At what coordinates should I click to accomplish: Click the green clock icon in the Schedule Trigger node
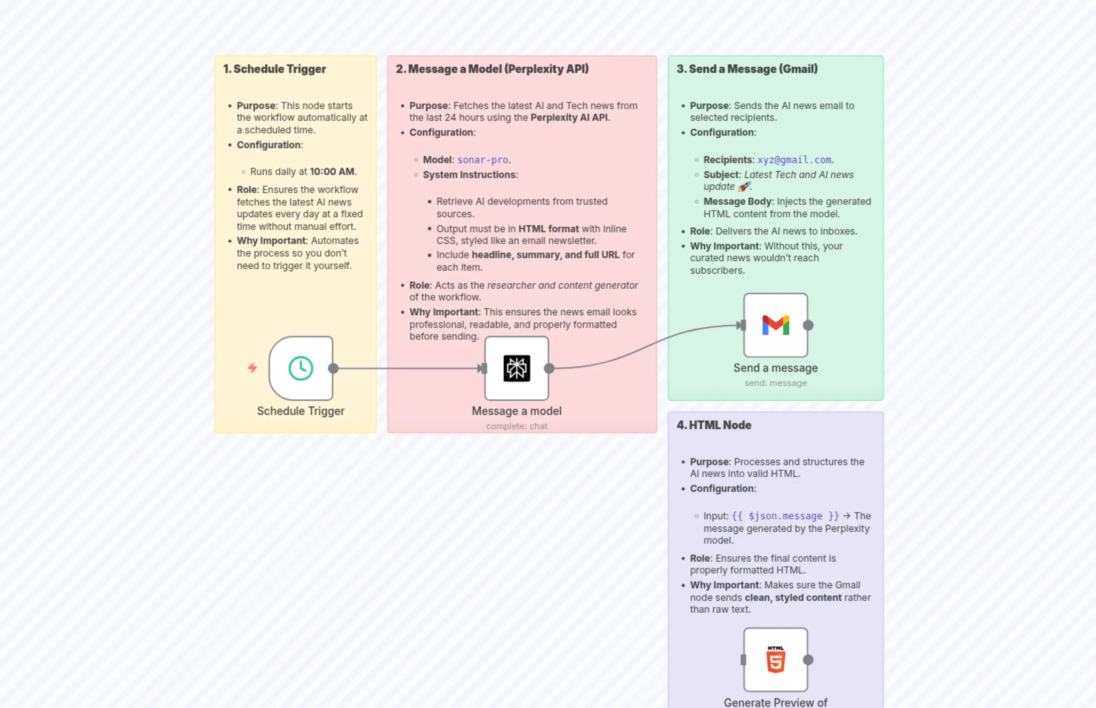click(300, 368)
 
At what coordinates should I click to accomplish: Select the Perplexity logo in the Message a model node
click(516, 368)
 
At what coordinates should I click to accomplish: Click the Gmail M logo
click(775, 325)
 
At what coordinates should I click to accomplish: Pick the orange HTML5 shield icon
click(775, 660)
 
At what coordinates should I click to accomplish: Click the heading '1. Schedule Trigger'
click(275, 69)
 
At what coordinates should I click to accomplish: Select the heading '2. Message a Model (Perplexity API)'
click(492, 69)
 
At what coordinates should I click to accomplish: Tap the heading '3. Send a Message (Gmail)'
click(746, 69)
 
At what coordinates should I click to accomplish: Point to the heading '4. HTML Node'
click(714, 425)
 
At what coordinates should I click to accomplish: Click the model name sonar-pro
click(482, 160)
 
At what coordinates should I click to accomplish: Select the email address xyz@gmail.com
click(794, 160)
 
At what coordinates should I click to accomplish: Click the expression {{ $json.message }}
click(785, 516)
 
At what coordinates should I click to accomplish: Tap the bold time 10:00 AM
click(332, 171)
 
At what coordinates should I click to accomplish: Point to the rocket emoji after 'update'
click(743, 187)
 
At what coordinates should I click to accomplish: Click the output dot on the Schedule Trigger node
click(333, 368)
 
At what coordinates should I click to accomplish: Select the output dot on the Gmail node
click(808, 326)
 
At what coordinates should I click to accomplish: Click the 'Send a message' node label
click(775, 368)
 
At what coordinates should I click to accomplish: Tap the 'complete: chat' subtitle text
click(516, 426)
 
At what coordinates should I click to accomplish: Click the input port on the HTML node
click(743, 660)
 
